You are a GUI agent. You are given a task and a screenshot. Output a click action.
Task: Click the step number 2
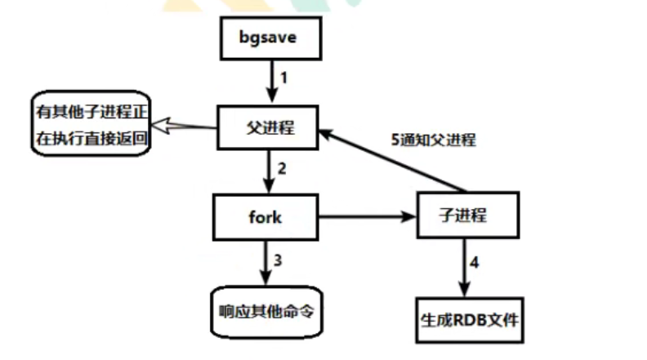(283, 170)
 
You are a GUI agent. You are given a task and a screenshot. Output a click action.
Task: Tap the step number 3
(279, 261)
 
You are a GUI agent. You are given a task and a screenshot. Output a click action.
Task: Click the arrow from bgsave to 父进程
(270, 82)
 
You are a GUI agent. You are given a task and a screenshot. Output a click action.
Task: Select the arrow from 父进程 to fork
(270, 171)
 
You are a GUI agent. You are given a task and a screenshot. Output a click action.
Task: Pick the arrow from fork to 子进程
(368, 218)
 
